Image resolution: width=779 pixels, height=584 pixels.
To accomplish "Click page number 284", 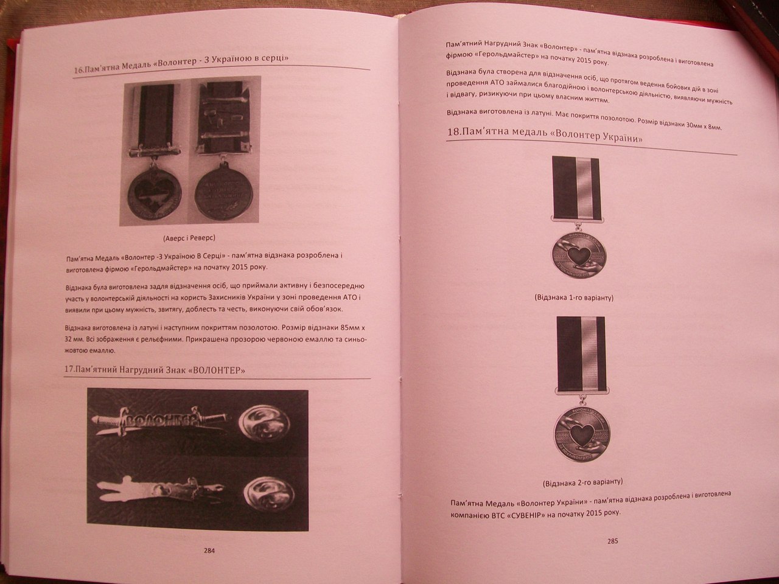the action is (209, 551).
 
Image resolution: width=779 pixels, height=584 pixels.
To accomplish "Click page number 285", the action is (612, 541).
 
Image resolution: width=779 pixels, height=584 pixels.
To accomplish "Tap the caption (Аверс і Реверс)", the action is (189, 238).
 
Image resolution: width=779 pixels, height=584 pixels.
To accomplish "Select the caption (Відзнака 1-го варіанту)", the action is (574, 297).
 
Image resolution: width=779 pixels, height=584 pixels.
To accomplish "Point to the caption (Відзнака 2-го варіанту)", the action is (583, 482).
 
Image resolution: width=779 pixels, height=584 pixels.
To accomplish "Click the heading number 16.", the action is (79, 70).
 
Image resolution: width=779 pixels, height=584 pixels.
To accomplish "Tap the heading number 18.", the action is (453, 131).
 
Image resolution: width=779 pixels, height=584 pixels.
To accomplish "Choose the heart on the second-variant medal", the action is (582, 434).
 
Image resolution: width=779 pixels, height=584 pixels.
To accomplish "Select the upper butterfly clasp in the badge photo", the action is (264, 423).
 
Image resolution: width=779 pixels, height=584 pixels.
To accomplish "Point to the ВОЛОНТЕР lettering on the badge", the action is (161, 420).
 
